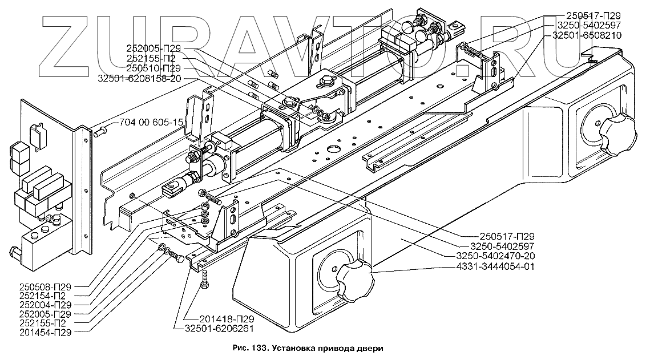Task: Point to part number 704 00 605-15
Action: pos(152,123)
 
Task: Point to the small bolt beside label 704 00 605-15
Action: pos(99,132)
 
